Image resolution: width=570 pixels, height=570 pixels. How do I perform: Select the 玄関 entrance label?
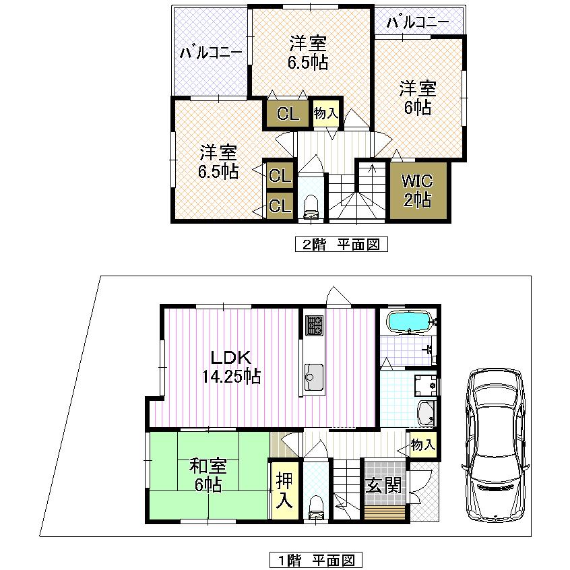click(384, 485)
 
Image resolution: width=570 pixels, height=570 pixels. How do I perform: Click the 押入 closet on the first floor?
click(284, 490)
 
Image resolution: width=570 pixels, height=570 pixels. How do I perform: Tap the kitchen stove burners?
click(313, 326)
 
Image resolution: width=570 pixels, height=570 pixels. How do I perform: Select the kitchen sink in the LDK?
click(313, 373)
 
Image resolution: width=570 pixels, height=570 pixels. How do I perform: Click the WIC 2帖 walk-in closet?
click(418, 191)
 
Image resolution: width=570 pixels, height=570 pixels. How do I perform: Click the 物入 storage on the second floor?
click(326, 113)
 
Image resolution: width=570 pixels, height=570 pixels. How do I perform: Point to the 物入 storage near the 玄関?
click(422, 445)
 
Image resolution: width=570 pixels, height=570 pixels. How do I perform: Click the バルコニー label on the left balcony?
click(211, 52)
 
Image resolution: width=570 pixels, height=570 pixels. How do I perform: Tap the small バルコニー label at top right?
click(418, 22)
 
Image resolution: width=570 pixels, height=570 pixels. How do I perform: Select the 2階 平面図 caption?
click(341, 244)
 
